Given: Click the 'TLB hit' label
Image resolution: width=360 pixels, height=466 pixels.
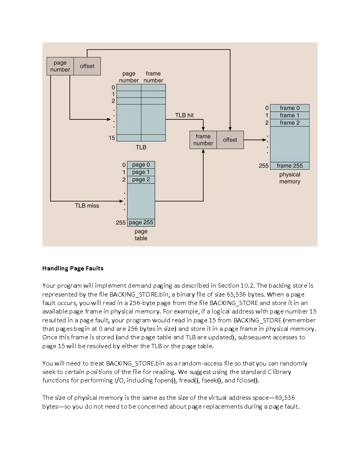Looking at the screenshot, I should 184,115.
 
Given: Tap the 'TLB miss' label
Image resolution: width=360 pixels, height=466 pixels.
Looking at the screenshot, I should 87,206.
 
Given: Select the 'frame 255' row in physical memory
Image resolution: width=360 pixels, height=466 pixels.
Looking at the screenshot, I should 290,166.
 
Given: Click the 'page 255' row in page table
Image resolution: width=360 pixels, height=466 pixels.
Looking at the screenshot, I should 141,222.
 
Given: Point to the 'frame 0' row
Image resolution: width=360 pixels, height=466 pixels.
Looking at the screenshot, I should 290,108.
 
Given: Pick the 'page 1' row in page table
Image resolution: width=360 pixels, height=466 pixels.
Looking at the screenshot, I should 141,172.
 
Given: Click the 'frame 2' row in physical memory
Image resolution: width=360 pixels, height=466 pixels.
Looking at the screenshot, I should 290,122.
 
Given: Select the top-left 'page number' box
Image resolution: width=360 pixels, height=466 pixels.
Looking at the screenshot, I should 60,66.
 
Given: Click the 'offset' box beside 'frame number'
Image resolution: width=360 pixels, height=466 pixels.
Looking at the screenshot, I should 230,139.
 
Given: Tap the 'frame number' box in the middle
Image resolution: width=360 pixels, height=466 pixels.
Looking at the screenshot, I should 203,139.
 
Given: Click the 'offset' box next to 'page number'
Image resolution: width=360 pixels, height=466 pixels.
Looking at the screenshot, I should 87,66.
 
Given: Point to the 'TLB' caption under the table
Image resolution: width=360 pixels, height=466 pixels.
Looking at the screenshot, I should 141,147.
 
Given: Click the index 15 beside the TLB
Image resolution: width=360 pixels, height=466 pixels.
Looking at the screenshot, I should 112,137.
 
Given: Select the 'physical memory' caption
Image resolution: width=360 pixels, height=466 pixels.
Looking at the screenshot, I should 290,178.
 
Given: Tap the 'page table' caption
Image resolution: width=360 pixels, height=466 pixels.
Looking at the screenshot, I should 141,235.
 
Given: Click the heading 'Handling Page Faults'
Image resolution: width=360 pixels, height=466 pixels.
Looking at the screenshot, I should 73,268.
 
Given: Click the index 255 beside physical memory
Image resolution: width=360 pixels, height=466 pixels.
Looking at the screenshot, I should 264,166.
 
